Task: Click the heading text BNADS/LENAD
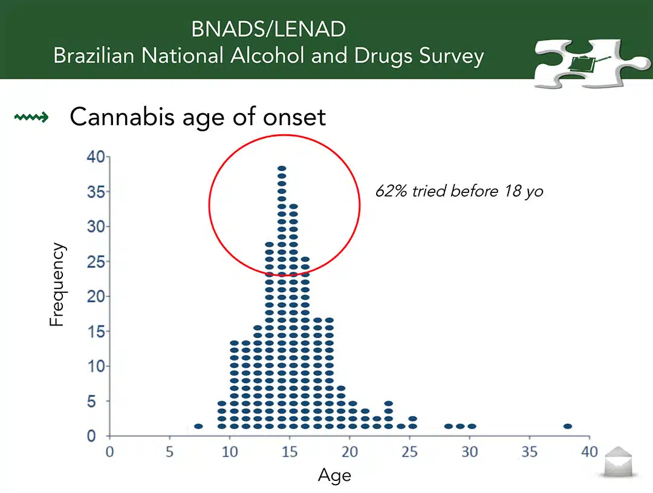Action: point(268,29)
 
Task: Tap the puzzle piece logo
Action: point(591,64)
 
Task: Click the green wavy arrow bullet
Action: point(31,117)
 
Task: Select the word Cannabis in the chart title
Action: point(122,117)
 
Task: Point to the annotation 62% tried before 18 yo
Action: point(459,191)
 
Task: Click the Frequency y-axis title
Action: point(57,284)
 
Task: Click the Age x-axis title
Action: point(334,475)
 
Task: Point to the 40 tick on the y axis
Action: point(96,157)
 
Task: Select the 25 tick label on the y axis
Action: point(96,262)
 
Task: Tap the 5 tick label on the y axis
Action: point(92,402)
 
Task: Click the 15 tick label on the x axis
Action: point(290,452)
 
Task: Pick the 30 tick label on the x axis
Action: point(469,452)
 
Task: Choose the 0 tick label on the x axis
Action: point(109,452)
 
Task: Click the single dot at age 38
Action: point(568,426)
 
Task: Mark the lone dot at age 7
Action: point(198,426)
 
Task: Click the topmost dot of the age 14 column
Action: point(282,168)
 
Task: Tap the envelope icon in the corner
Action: point(619,462)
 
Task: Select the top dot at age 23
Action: point(389,403)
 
